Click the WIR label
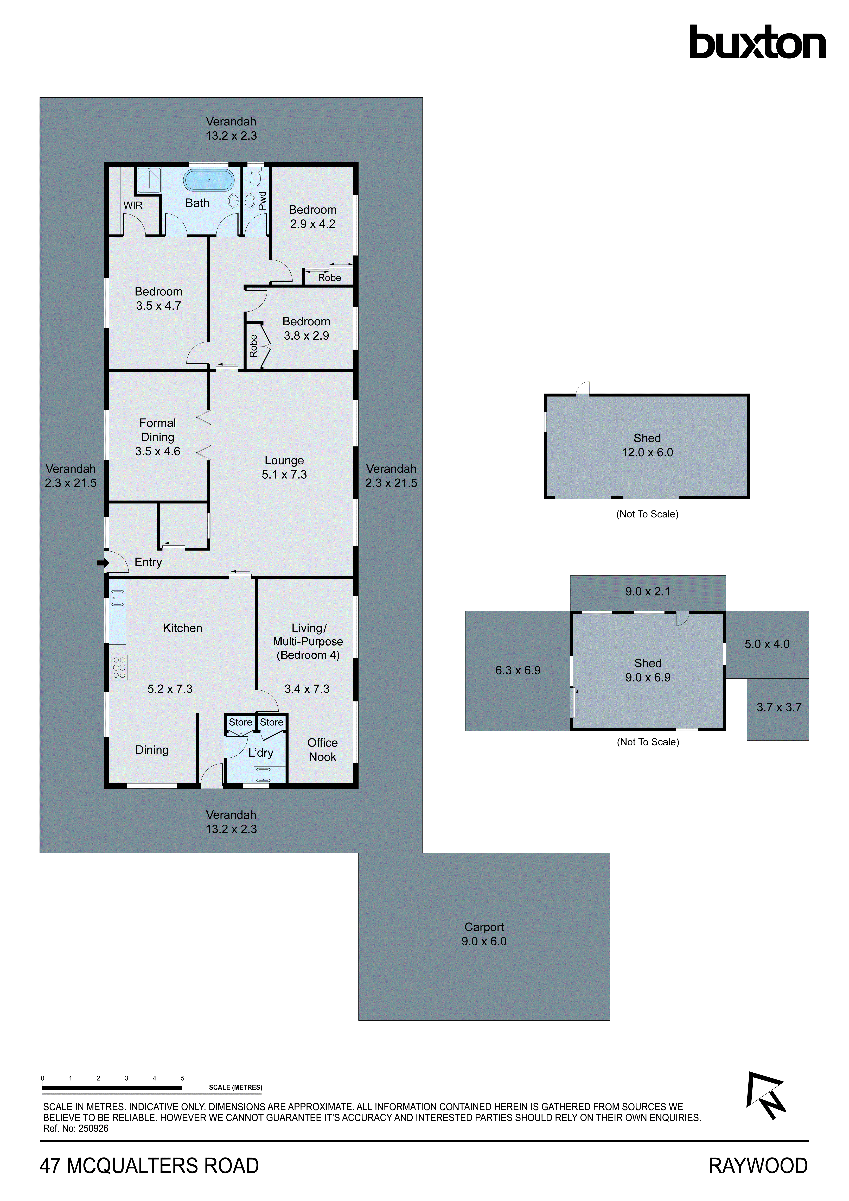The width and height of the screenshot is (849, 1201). click(x=133, y=205)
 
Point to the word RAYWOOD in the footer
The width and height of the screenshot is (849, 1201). click(x=758, y=1166)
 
